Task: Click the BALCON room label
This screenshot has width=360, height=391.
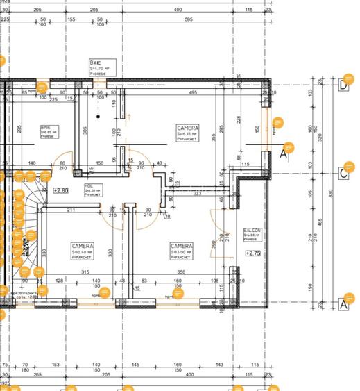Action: click(251, 234)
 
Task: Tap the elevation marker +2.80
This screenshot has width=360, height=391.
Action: click(62, 189)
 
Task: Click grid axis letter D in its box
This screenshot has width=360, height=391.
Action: click(343, 85)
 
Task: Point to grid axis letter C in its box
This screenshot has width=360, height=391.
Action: click(343, 172)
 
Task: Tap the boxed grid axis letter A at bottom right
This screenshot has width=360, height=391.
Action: click(343, 304)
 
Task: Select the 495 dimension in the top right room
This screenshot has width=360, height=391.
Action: click(193, 92)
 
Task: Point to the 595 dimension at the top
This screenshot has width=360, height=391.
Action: click(188, 19)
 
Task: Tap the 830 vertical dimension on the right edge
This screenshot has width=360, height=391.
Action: click(331, 193)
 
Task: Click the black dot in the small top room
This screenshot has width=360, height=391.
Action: click(98, 117)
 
